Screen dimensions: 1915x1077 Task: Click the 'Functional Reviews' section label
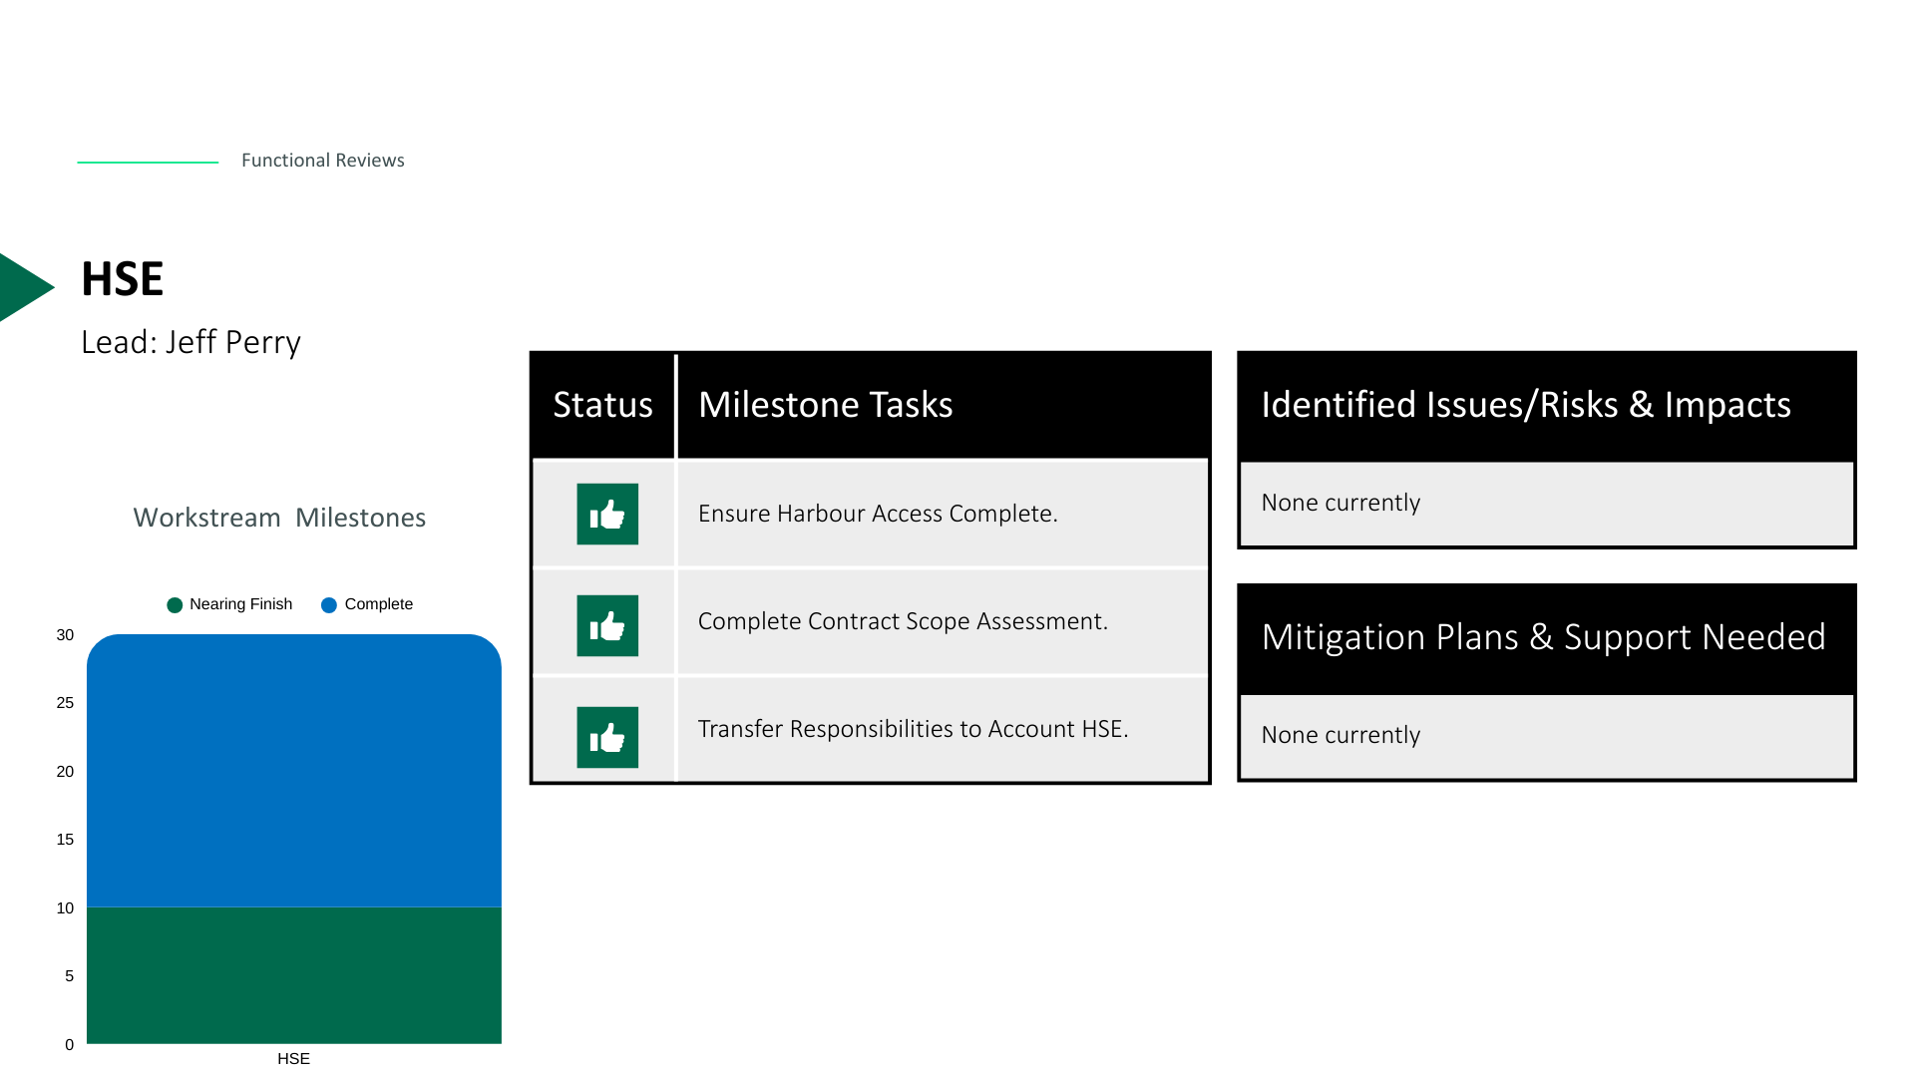[322, 161]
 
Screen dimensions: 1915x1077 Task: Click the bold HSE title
[122, 279]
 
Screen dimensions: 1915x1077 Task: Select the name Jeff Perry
[232, 342]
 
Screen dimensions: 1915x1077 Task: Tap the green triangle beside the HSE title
[24, 287]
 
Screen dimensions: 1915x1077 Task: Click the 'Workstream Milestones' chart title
[279, 518]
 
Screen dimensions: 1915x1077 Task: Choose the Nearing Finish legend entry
[229, 604]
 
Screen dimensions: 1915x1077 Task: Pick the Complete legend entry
[367, 604]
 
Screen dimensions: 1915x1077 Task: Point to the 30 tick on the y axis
[65, 635]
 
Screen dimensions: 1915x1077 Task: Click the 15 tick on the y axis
[65, 840]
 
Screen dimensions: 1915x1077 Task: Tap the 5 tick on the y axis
[69, 976]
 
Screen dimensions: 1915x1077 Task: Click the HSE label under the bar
[293, 1059]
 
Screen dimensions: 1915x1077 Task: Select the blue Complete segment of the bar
[294, 771]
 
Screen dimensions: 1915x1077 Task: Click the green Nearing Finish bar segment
[294, 975]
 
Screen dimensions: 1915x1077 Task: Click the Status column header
[602, 405]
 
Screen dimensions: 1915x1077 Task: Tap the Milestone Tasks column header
[825, 405]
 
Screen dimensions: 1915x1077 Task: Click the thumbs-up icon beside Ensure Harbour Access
[607, 515]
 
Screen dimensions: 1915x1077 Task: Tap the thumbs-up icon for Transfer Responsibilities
[607, 738]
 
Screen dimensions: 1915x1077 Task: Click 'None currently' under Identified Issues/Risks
[1340, 503]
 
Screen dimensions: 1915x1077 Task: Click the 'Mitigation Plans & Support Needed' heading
[1543, 637]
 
